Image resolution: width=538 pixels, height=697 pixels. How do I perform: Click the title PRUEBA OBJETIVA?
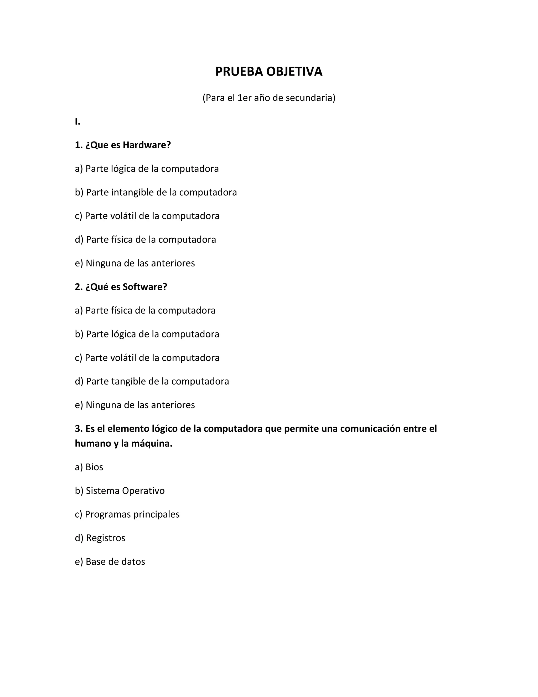pyautogui.click(x=269, y=72)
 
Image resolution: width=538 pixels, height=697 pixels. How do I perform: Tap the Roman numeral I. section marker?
pyautogui.click(x=77, y=122)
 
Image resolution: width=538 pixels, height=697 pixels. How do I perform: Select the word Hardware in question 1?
pyautogui.click(x=147, y=145)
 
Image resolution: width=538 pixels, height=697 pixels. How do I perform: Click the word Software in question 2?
pyautogui.click(x=145, y=287)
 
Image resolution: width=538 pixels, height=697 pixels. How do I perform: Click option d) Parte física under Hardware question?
pyautogui.click(x=145, y=240)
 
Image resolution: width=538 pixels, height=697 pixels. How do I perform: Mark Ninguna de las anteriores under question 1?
pyautogui.click(x=135, y=263)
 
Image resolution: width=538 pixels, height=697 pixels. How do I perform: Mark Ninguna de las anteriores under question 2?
pyautogui.click(x=135, y=405)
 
